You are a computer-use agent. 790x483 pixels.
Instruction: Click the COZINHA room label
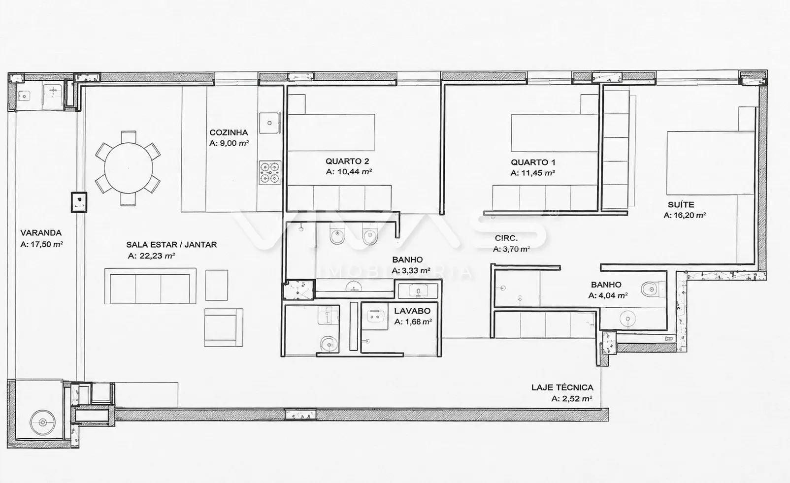pyautogui.click(x=229, y=132)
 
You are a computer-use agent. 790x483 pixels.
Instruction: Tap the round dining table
pyautogui.click(x=129, y=168)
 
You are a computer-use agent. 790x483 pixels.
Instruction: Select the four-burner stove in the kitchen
pyautogui.click(x=270, y=173)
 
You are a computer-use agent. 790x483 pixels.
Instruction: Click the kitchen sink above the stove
pyautogui.click(x=270, y=123)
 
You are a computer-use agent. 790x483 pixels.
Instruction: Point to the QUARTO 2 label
pyautogui.click(x=347, y=161)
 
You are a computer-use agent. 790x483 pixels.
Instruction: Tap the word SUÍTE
pyautogui.click(x=681, y=204)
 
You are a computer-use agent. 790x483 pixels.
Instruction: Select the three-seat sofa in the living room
pyautogui.click(x=150, y=286)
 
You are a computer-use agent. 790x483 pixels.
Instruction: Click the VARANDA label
pyautogui.click(x=41, y=233)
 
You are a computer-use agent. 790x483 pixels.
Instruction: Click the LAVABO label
pyautogui.click(x=412, y=311)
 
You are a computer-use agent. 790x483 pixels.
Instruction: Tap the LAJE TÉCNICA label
pyautogui.click(x=562, y=387)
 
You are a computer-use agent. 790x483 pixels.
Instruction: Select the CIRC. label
pyautogui.click(x=506, y=238)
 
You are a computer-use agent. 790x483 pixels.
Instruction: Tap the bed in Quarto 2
pyautogui.click(x=331, y=132)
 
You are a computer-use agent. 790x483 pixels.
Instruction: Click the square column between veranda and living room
pyautogui.click(x=79, y=202)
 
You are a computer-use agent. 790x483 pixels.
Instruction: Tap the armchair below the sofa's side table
pyautogui.click(x=224, y=327)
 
